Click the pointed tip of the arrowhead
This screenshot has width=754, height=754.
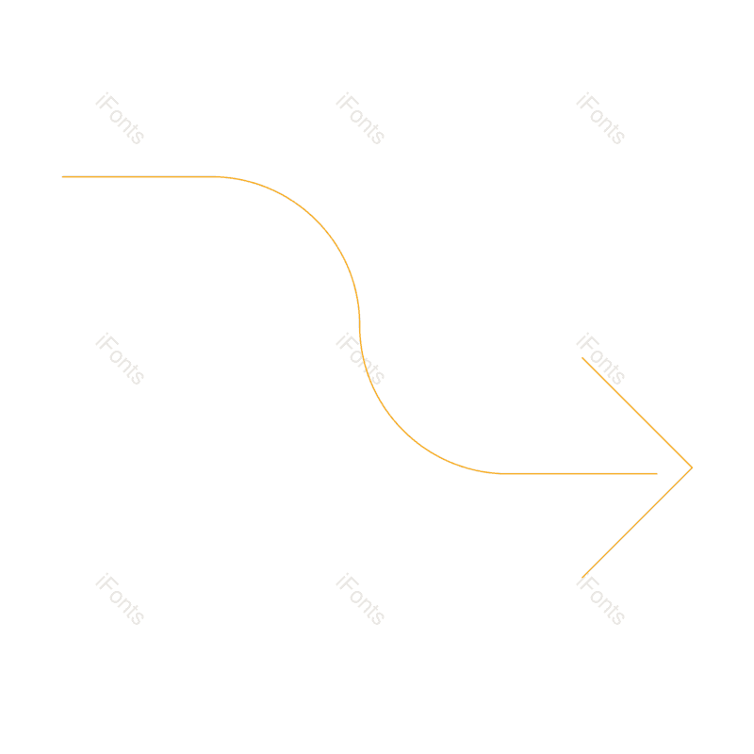[x=691, y=467]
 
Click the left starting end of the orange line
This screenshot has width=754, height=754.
[x=63, y=177]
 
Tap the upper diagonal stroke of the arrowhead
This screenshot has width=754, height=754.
[x=637, y=412]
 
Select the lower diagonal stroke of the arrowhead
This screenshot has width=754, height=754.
[x=638, y=520]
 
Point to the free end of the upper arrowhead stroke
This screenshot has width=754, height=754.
[x=583, y=358]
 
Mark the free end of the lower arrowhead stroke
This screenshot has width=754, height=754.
[x=584, y=574]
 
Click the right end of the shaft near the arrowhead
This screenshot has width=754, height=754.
[x=656, y=473]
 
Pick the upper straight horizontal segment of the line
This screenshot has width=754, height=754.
[x=141, y=177]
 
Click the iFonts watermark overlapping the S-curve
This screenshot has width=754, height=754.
[x=360, y=359]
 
